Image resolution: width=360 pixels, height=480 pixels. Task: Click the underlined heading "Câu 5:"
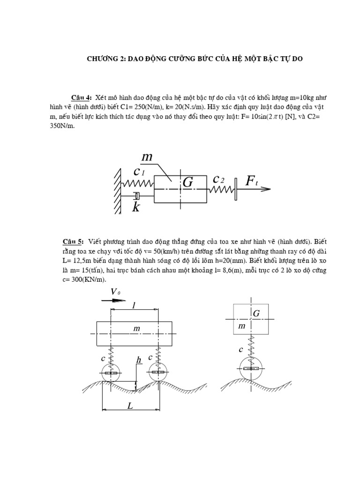point(73,241)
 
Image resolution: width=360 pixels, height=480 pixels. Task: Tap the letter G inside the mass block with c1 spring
point(187,183)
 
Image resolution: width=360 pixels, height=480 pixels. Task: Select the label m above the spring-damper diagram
point(147,157)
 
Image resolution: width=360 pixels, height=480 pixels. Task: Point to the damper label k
point(136,207)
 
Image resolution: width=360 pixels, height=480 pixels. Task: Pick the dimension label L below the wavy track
point(130,406)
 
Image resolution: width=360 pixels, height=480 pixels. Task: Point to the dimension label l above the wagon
point(134,305)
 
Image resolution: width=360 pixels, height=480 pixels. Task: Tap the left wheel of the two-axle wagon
point(111,373)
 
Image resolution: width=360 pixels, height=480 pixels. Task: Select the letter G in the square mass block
point(256,313)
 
